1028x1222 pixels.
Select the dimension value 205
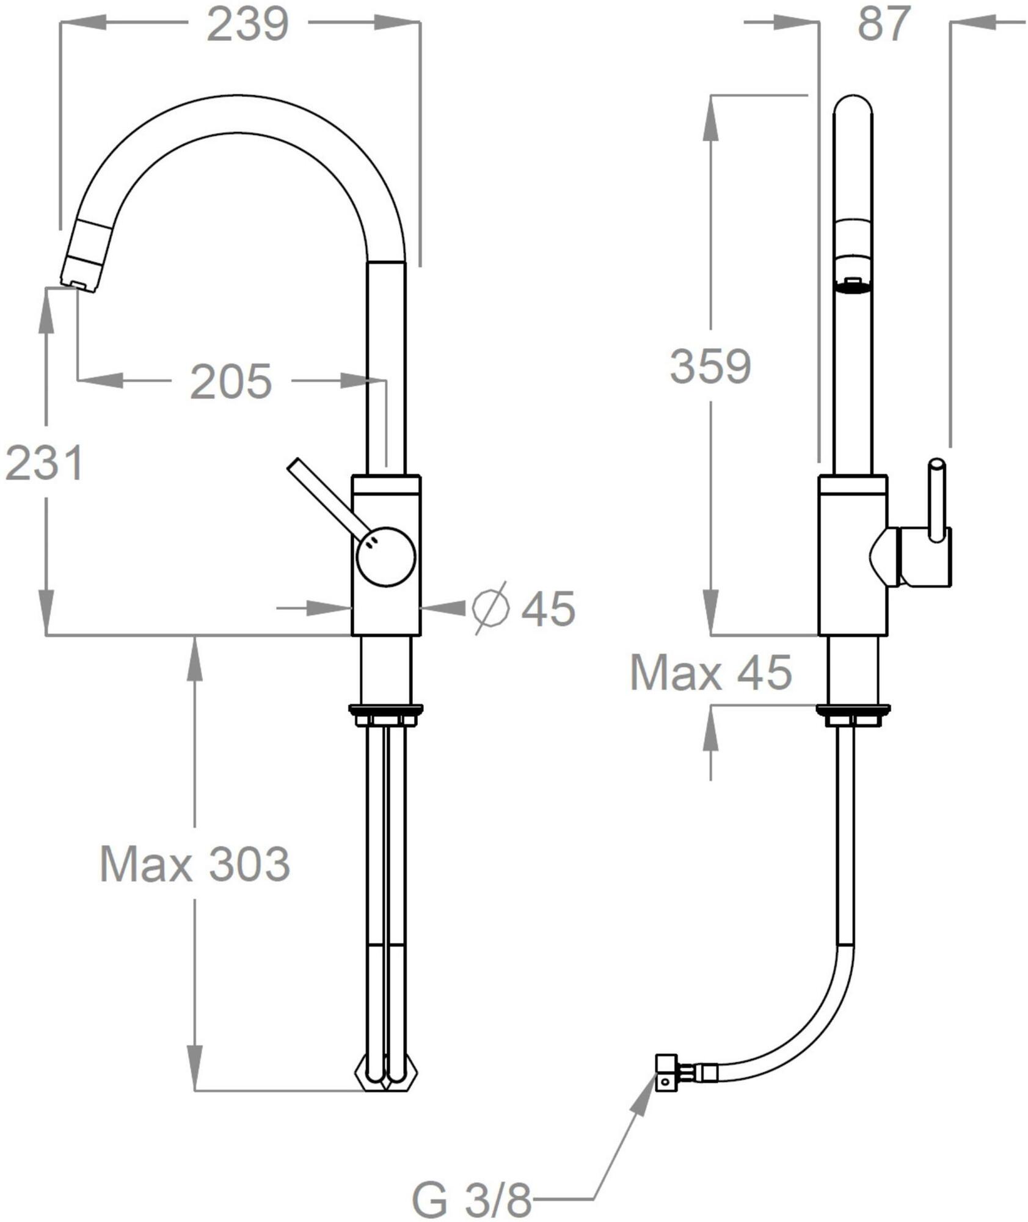tap(231, 382)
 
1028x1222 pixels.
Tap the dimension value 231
tap(44, 463)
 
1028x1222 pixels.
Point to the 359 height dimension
tap(710, 367)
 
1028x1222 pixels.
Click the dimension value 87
tap(884, 24)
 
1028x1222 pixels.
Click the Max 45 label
tap(710, 673)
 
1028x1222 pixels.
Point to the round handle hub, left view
tap(386, 557)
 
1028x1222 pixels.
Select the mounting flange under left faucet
tap(386, 709)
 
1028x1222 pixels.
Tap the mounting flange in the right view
tap(853, 709)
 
